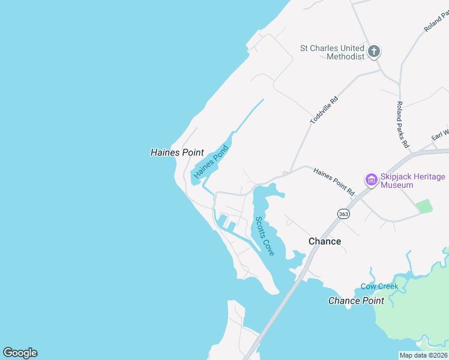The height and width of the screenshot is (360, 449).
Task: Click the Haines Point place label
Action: coord(177,153)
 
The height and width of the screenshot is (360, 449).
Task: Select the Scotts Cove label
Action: coord(265,236)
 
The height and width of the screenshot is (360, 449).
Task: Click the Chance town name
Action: coord(325,241)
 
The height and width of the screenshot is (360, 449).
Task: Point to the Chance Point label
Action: coord(356,301)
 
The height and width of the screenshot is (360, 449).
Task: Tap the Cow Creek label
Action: coord(379,286)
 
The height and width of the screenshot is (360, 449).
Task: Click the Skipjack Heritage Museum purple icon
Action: coord(371,179)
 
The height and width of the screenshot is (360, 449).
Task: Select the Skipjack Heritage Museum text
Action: coord(413,181)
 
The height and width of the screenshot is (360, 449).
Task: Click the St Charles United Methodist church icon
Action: coord(374,52)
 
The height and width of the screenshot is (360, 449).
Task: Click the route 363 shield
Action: coord(343,214)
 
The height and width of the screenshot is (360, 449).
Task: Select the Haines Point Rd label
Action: coord(334,181)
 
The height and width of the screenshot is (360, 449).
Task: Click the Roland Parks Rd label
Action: coord(402,124)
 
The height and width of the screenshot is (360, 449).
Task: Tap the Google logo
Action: coord(20,353)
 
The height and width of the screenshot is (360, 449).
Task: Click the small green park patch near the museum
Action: coord(424,206)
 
